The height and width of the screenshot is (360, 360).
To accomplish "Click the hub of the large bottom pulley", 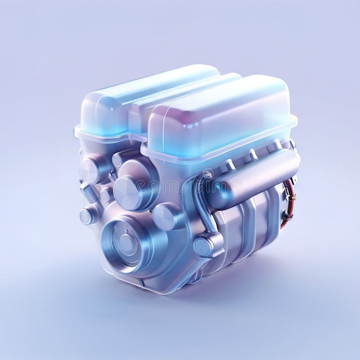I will pyautogui.click(x=126, y=243).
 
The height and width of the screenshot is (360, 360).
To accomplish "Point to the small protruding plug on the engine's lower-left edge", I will pyautogui.click(x=87, y=216).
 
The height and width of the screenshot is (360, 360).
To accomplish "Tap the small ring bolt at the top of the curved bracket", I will pyautogui.click(x=207, y=173).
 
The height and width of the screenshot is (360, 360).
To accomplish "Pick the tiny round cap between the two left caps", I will pyautogui.click(x=107, y=194).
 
